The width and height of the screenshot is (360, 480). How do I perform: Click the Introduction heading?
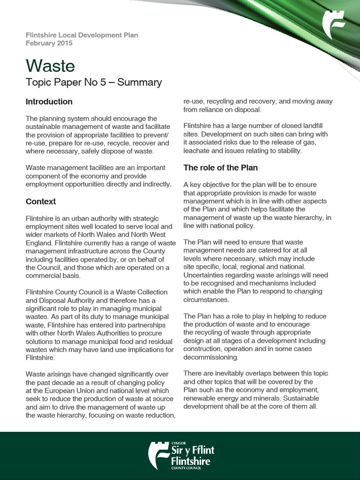coord(49,102)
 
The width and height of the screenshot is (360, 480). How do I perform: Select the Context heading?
coord(41,202)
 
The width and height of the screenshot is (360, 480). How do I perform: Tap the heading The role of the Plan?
coord(220,168)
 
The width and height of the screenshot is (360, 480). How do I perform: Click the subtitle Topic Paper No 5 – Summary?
coord(94,83)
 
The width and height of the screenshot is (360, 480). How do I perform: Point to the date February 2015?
coord(49,43)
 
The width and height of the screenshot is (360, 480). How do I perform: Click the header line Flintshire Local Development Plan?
coord(82,35)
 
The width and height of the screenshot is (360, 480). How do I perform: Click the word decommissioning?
coord(210,357)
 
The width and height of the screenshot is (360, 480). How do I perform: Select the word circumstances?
coord(206,300)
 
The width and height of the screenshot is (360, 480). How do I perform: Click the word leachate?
coord(197,151)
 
